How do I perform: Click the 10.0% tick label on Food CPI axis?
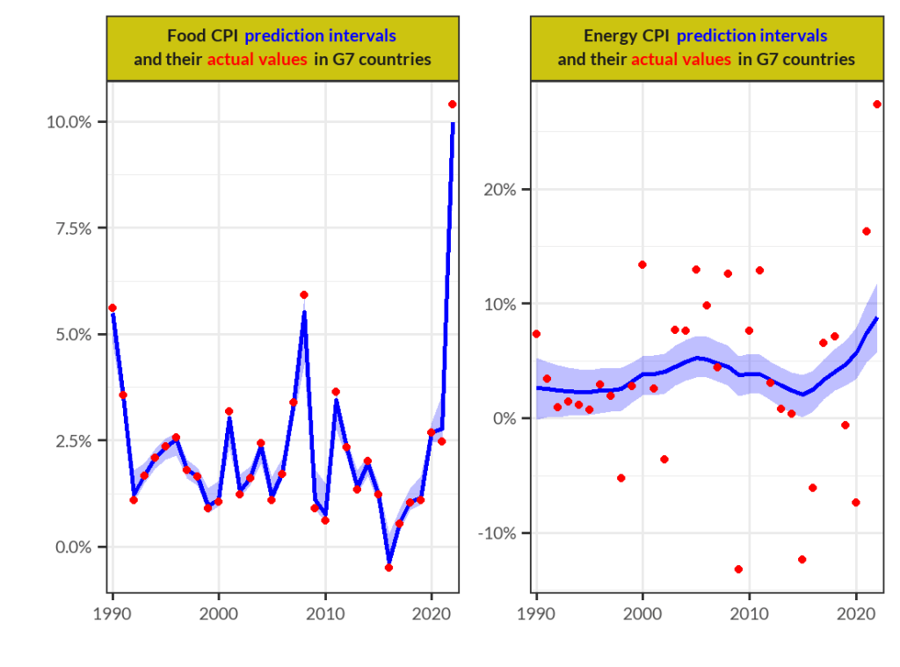[69, 121]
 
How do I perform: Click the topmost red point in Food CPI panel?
[453, 104]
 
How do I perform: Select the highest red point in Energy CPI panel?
[876, 104]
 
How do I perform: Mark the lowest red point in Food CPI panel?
[388, 568]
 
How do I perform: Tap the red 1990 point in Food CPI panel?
[112, 308]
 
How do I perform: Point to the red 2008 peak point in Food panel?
[304, 294]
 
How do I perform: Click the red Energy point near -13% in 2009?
[738, 569]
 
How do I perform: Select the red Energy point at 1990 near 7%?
[536, 334]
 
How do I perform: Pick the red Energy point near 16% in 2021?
[866, 231]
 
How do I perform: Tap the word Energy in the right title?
[608, 36]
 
